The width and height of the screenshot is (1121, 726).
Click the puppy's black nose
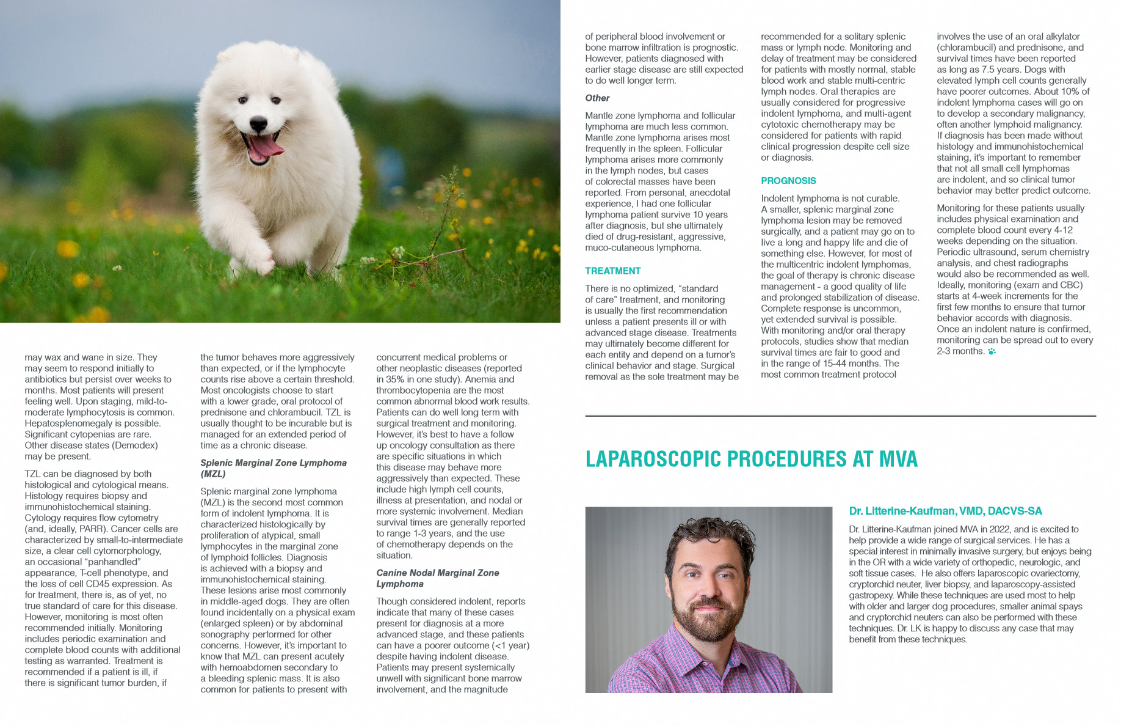pos(259,122)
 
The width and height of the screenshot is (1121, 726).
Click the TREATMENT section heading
pos(612,271)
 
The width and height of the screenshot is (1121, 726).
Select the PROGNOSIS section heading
pos(788,181)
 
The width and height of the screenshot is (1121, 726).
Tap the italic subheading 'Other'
pos(597,98)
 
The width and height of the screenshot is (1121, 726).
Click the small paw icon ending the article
pos(992,351)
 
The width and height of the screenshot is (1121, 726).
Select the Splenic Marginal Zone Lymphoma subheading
pos(273,468)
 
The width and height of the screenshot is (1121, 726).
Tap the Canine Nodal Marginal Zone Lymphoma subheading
pos(437,578)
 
